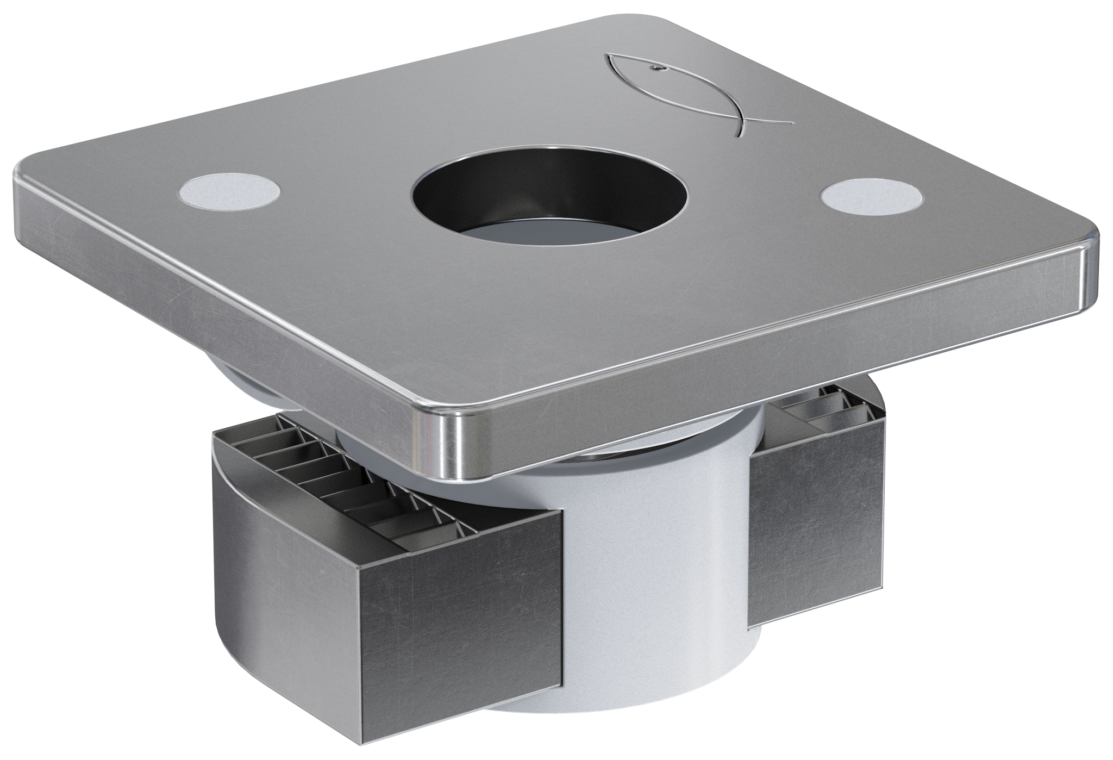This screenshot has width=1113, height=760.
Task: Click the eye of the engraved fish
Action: (x=656, y=68)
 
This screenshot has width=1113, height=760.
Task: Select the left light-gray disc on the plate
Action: (x=229, y=194)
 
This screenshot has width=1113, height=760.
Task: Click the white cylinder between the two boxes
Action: (x=652, y=571)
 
